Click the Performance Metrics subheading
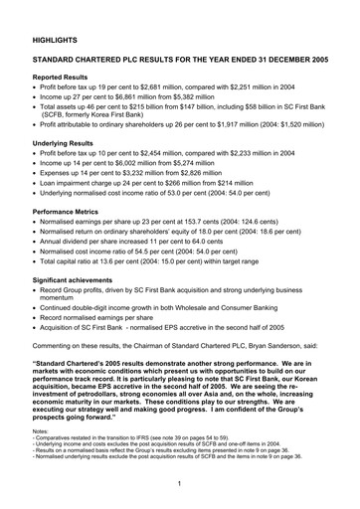(75, 211)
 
